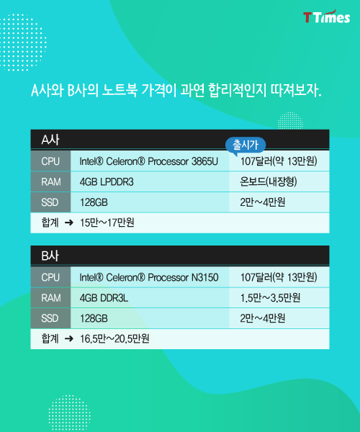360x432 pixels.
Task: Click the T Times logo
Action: coord(327,17)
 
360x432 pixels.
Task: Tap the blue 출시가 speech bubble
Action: coord(246,145)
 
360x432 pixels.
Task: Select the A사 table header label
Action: coord(50,140)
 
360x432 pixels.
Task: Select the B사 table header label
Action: coord(50,256)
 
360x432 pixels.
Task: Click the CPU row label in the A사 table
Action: coord(50,161)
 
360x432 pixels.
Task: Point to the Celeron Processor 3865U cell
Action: coord(149,161)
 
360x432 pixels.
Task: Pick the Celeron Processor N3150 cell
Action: coord(149,277)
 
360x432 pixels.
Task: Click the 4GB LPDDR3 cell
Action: coord(107,182)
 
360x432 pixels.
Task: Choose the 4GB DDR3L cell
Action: coord(104,298)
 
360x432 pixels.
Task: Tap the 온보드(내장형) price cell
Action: coord(269,181)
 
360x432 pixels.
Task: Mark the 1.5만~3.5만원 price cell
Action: coord(270,298)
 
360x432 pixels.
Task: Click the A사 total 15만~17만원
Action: coord(107,222)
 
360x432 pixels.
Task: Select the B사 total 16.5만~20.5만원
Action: coord(114,338)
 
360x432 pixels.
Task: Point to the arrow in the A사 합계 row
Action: coord(69,222)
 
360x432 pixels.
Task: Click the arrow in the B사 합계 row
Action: coord(69,338)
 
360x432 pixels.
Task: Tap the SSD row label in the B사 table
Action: coord(50,318)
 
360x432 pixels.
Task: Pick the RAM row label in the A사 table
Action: coord(51,182)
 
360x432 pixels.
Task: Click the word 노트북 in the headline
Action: coord(120,90)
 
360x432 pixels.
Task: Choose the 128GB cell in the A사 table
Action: coord(94,202)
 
